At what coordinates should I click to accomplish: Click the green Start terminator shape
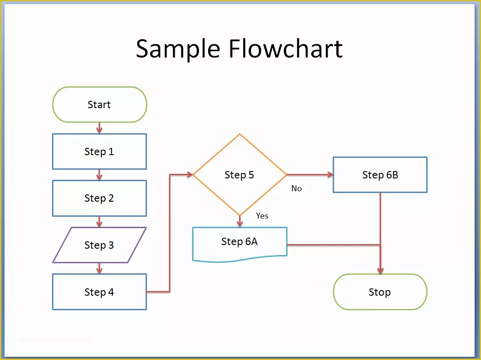click(x=99, y=105)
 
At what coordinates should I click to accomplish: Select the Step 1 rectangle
click(x=99, y=151)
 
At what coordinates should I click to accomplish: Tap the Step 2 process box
click(x=99, y=198)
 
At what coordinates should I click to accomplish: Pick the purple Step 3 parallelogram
click(x=99, y=245)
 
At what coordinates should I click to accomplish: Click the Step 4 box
click(x=99, y=292)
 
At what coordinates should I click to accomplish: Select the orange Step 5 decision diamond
click(x=240, y=175)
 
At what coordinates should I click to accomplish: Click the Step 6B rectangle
click(x=380, y=175)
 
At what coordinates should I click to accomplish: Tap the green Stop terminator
click(x=380, y=292)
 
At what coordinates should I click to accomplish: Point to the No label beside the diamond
click(x=297, y=188)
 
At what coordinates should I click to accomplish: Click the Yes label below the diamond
click(x=262, y=216)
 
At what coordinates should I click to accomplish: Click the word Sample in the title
click(x=178, y=49)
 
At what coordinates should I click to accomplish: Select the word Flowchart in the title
click(x=286, y=49)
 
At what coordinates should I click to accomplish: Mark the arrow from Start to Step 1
click(x=99, y=128)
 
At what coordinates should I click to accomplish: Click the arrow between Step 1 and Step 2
click(x=99, y=175)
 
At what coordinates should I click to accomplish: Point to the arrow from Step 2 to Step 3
click(x=99, y=222)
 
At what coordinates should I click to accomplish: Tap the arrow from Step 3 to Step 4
click(x=99, y=268)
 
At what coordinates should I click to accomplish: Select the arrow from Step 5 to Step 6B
click(x=310, y=175)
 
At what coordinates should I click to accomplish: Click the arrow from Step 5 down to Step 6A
click(x=240, y=221)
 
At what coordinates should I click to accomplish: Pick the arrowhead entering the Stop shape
click(x=380, y=270)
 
